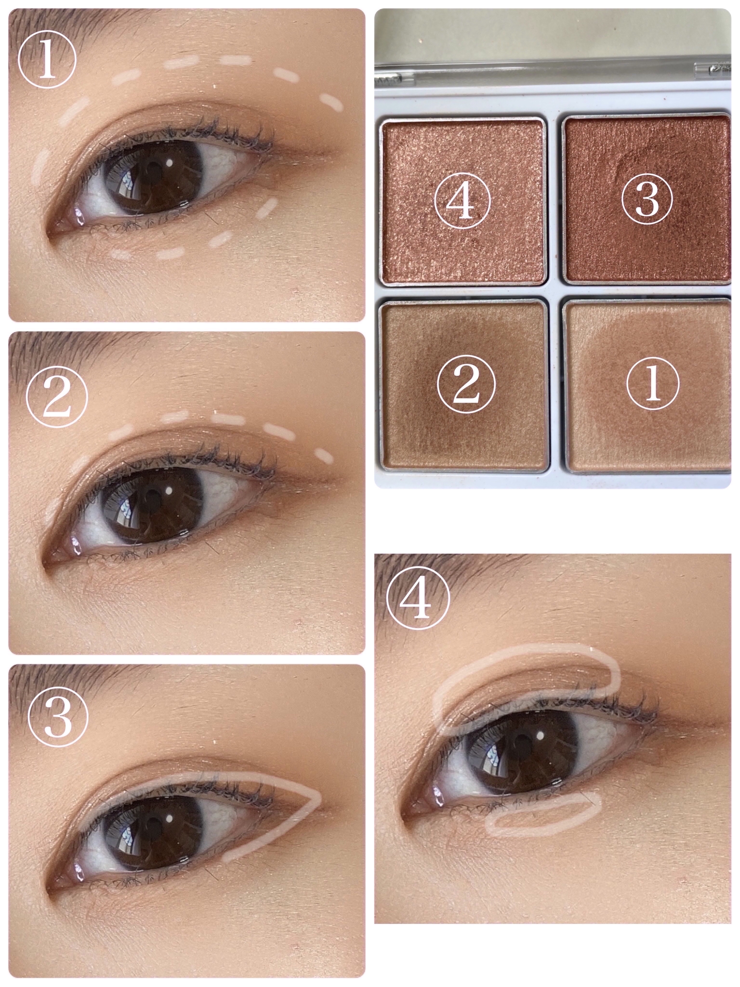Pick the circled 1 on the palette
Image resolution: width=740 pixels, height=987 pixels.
click(653, 383)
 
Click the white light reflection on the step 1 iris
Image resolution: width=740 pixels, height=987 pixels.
click(170, 163)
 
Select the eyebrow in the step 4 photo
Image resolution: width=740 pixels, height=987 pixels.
click(446, 573)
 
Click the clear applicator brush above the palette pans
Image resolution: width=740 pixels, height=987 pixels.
click(553, 72)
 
